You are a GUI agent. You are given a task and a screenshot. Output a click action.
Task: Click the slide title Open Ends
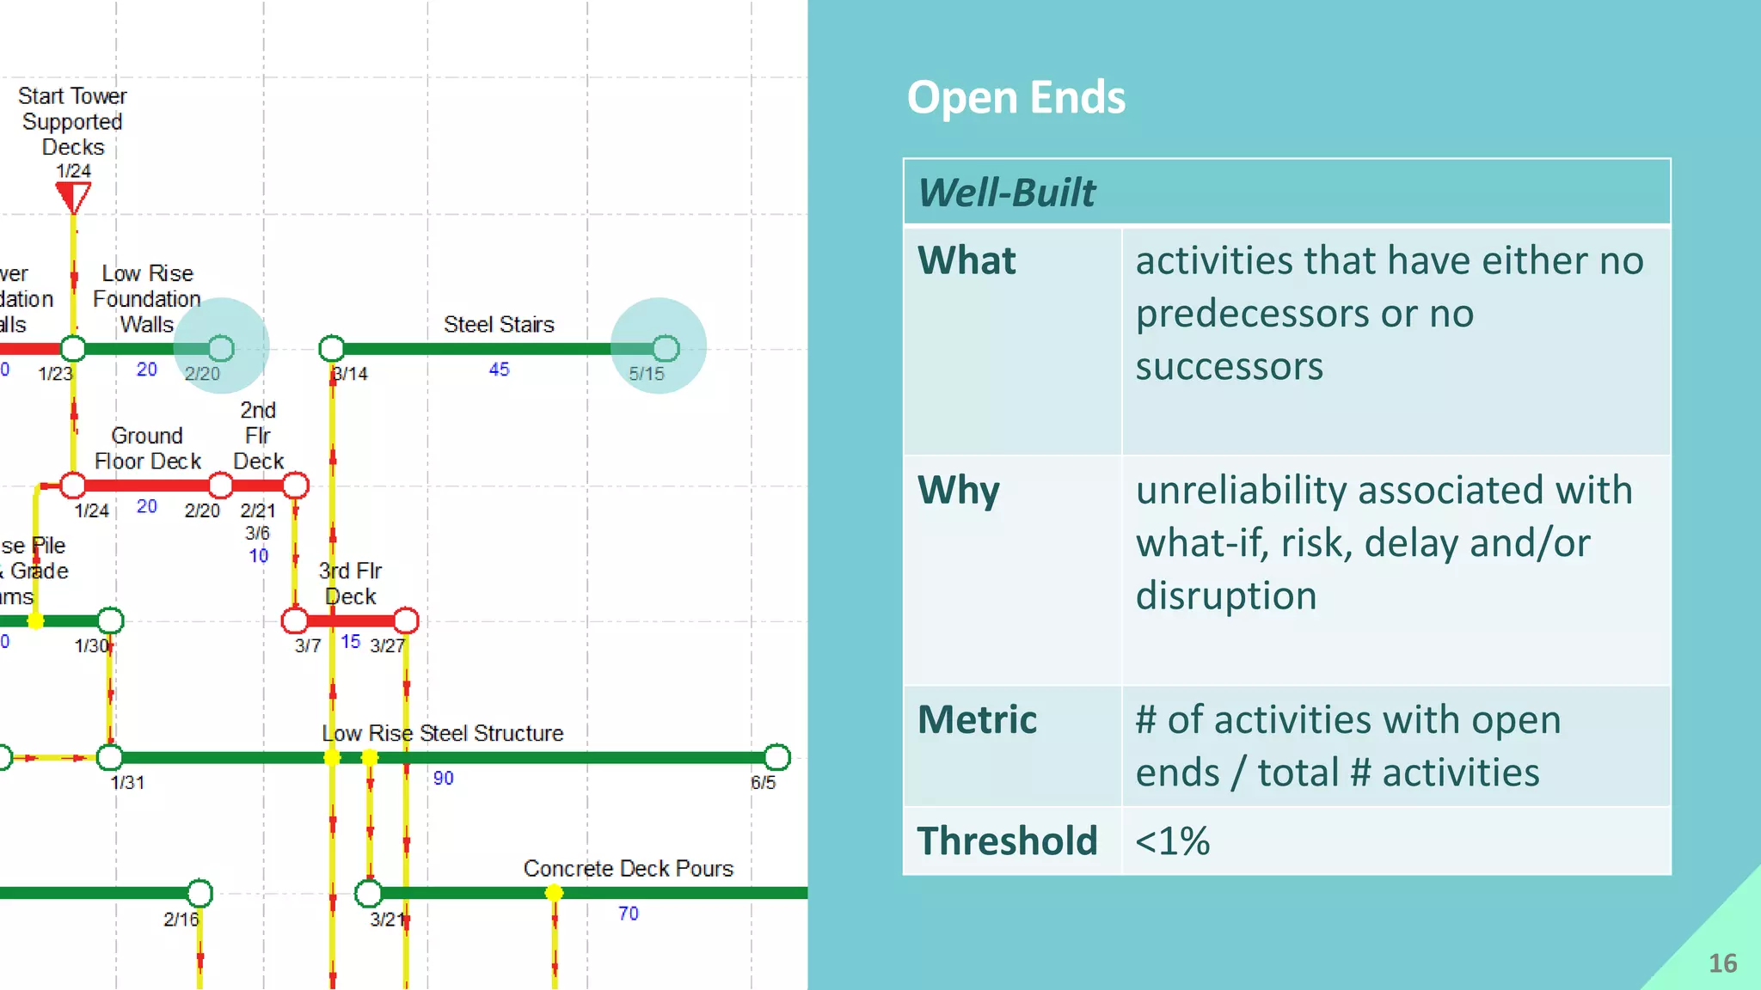[x=1015, y=97]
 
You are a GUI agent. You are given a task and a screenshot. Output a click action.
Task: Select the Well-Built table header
[x=1006, y=192]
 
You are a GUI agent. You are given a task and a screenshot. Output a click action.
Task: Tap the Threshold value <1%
[x=1172, y=840]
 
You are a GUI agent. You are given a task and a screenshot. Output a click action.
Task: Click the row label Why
[x=958, y=490]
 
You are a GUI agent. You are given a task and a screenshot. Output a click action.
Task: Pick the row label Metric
[x=977, y=719]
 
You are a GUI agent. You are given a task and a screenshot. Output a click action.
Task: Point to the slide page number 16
[x=1722, y=962]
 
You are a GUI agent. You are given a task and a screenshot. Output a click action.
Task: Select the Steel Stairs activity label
[x=499, y=324]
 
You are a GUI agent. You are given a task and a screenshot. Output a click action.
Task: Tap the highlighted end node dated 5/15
[x=666, y=348]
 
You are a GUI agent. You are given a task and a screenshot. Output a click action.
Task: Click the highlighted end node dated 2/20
[x=221, y=348]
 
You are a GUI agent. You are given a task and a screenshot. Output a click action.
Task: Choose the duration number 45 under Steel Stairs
[x=499, y=370]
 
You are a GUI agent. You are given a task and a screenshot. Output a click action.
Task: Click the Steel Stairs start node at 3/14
[x=332, y=348]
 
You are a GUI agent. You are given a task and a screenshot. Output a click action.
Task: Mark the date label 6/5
[x=763, y=782]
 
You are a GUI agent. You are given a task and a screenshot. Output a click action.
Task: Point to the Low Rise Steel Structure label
[x=442, y=733]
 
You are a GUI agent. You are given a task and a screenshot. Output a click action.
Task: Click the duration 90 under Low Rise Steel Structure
[x=443, y=778]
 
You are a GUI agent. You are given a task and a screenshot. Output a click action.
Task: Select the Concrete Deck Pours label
[x=628, y=868]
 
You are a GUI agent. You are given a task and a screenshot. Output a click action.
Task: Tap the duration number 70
[x=629, y=914]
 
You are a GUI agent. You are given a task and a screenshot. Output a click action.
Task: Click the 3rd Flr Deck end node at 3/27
[x=406, y=620]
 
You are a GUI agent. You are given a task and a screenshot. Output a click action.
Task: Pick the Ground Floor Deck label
[x=147, y=449]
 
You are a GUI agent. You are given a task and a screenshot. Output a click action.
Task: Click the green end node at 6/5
[x=776, y=757]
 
